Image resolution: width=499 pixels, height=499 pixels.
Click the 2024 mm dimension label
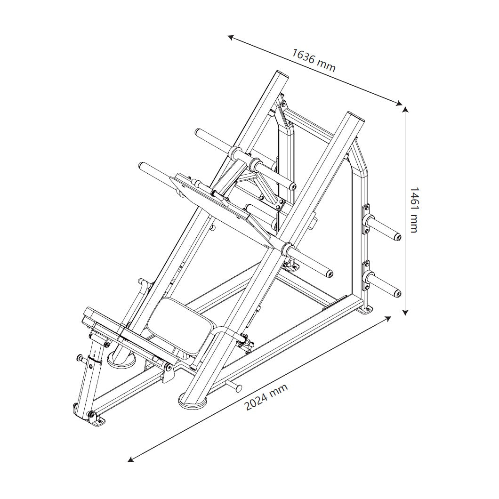point(266,397)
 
